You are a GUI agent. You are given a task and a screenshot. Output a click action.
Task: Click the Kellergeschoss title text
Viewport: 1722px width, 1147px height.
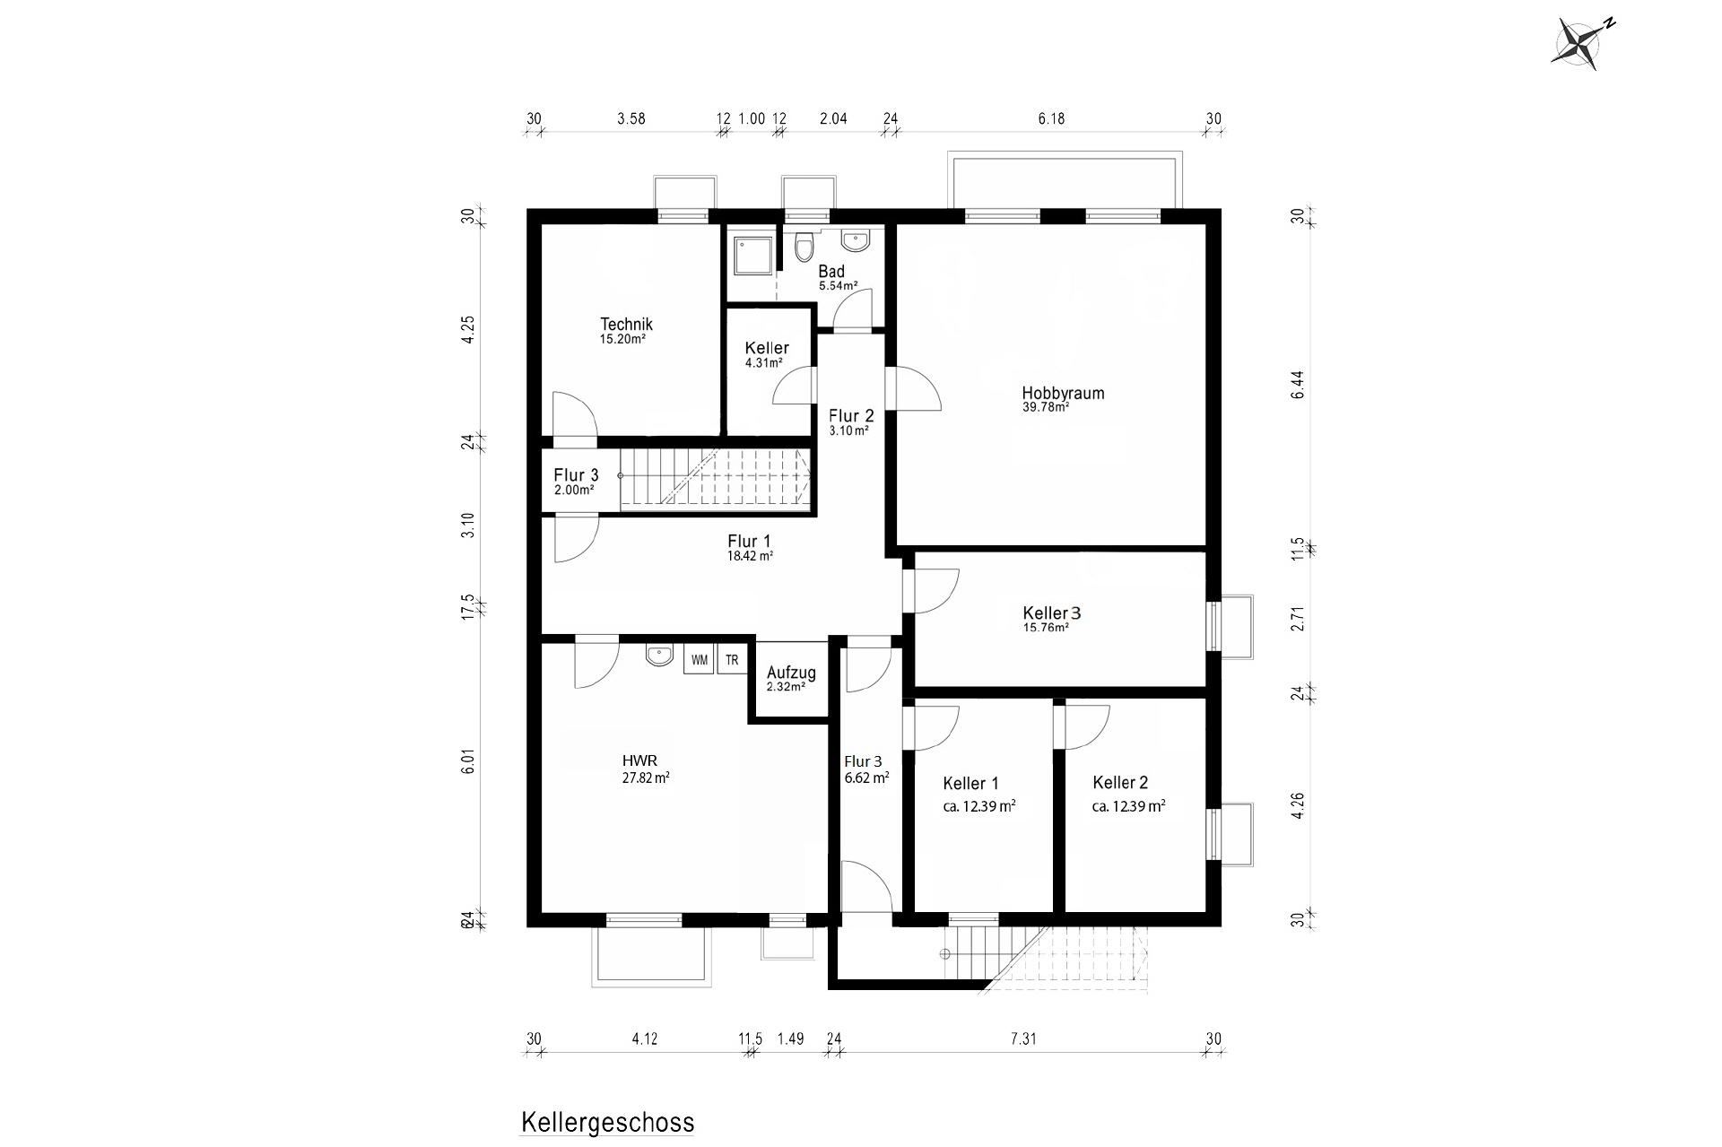coord(607,1123)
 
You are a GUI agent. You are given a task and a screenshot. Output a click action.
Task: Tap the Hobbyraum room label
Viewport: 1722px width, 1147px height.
coord(1062,394)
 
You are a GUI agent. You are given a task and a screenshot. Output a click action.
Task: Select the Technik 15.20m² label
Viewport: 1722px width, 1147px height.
coord(625,331)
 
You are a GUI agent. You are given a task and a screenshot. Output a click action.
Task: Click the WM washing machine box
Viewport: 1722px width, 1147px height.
coord(700,660)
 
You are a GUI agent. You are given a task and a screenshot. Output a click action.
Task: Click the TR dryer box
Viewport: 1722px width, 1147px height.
coord(732,660)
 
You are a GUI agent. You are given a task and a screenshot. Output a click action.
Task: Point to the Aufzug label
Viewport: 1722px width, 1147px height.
coord(790,673)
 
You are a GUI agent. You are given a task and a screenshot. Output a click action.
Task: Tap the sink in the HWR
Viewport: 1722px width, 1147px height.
coord(659,656)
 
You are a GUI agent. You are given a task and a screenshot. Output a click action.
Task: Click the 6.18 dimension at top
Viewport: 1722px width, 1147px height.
coord(1051,118)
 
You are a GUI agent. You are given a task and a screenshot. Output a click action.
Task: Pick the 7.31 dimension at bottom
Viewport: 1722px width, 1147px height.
coord(1023,1039)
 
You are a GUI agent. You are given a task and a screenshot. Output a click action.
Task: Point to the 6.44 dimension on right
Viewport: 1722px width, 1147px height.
coord(1298,385)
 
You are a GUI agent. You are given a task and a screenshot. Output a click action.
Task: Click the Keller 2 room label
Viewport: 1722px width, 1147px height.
coord(1120,783)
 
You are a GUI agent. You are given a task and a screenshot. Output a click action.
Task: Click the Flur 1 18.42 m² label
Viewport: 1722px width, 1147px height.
coord(749,547)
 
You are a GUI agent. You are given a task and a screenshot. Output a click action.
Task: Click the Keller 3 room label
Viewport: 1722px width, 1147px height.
coord(1051,613)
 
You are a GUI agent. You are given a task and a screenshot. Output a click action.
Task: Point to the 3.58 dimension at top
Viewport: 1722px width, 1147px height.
coord(631,118)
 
